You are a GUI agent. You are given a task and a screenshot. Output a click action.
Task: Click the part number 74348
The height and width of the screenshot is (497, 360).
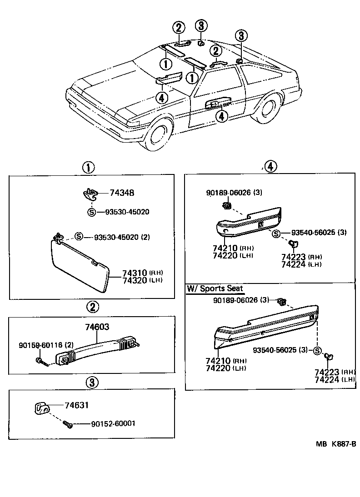(x=121, y=193)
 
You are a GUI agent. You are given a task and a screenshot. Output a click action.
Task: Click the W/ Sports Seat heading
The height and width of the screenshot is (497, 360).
(x=215, y=288)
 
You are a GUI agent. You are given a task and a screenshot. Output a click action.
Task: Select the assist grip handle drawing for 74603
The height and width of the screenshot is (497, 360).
(x=95, y=348)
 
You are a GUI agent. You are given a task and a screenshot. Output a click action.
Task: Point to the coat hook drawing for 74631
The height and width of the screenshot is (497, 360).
(x=42, y=408)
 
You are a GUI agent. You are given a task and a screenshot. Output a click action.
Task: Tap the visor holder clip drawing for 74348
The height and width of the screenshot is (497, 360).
(x=90, y=194)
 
